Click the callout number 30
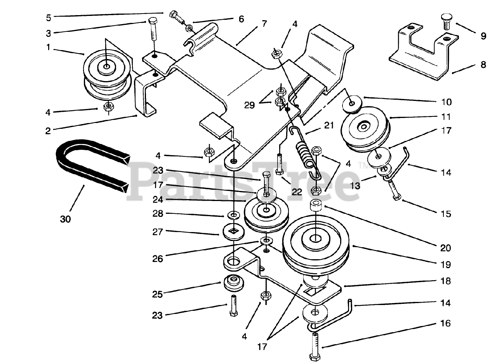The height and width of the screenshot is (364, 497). pos(66,219)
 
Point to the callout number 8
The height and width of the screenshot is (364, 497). pos(483,64)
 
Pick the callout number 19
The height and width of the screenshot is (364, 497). pos(445,265)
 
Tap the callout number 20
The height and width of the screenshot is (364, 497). pos(445,247)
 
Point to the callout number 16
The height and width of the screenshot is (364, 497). pos(446,323)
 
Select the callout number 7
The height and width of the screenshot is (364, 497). pos(264,23)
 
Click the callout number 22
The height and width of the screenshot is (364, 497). pos(297,192)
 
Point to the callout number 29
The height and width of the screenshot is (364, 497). pos(250,105)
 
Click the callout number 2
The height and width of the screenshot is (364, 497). pos(48,131)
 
